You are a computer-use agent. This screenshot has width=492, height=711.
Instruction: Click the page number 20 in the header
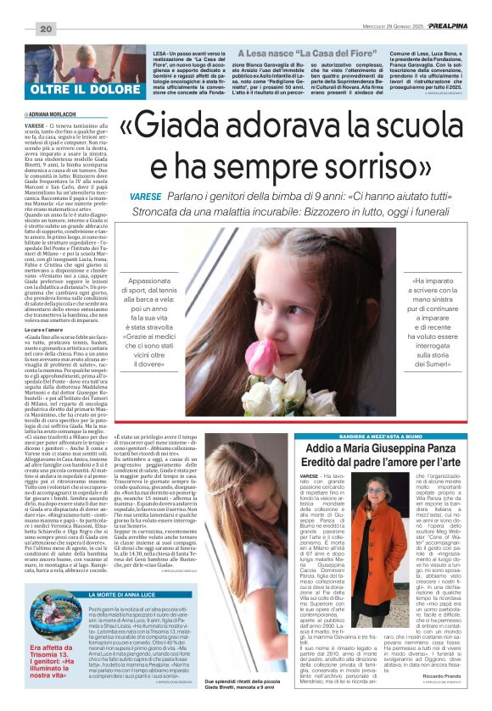pyautogui.click(x=46, y=30)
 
